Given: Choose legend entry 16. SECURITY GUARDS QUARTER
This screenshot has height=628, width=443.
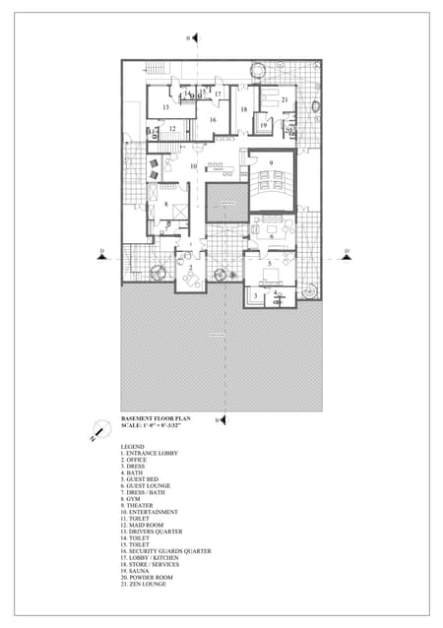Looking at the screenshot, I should click(x=165, y=551).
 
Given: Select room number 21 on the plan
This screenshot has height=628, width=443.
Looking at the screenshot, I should click(x=285, y=99).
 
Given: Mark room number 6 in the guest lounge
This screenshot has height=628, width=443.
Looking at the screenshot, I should click(x=271, y=236).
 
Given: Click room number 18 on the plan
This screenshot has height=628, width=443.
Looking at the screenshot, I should click(x=243, y=109).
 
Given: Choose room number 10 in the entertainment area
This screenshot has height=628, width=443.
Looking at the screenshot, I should click(x=194, y=166).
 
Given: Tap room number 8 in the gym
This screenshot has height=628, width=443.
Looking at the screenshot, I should click(x=165, y=204).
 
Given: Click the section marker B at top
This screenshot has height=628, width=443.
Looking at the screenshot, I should click(x=187, y=37).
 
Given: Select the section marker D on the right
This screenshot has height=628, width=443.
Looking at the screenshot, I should click(x=347, y=252).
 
